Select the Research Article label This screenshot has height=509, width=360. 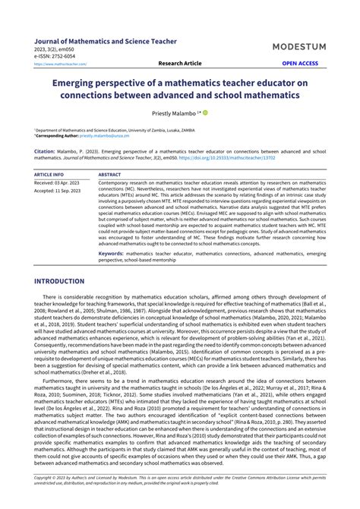coord(179,64)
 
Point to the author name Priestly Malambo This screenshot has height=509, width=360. coord(172,112)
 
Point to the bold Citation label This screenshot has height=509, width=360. coord(45,151)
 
